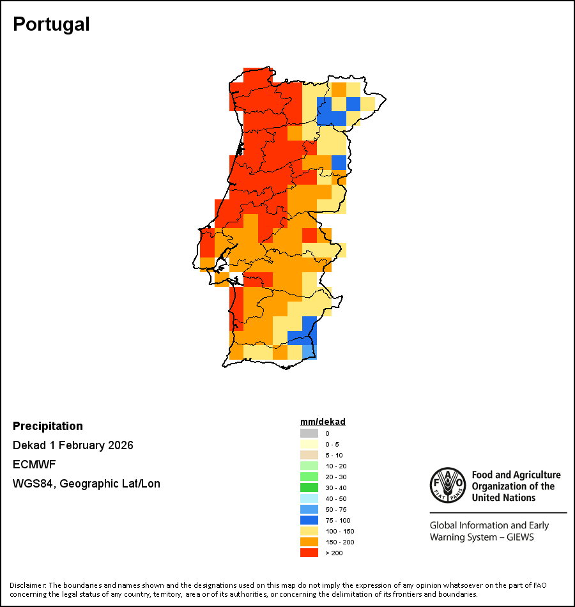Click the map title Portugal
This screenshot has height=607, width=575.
(51, 24)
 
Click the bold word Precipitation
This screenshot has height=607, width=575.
(48, 426)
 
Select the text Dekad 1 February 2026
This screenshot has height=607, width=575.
(73, 445)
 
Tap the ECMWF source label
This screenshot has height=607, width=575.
(31, 465)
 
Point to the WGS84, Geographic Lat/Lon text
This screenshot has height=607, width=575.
(86, 484)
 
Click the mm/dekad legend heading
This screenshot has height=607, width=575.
(323, 422)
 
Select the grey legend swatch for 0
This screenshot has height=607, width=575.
(309, 433)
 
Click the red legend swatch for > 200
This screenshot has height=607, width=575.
(309, 553)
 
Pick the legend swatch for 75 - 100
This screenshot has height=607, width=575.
(309, 520)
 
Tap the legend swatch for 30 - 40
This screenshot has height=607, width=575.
(309, 488)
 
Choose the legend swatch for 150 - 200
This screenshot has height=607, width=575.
(309, 542)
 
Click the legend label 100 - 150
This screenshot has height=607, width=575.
(339, 531)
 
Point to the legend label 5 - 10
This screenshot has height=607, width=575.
(334, 455)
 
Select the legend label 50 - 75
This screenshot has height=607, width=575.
(336, 509)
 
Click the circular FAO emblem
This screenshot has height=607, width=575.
(447, 486)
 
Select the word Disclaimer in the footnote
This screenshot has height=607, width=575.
(27, 585)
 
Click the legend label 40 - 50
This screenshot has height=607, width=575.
(336, 498)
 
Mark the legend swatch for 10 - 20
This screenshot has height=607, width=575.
(309, 466)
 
